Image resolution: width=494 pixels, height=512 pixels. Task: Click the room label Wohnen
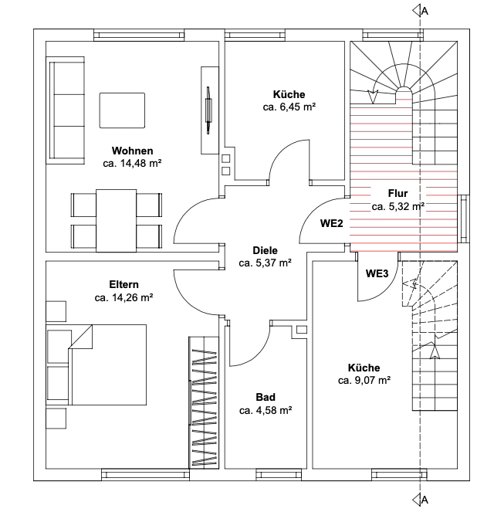(x=132, y=151)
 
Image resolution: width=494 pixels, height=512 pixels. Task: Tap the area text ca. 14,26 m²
(x=123, y=297)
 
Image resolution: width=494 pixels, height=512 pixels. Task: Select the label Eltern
(x=123, y=285)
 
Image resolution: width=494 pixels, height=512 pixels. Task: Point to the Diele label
(x=265, y=251)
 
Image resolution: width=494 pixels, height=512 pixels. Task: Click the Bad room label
(x=265, y=397)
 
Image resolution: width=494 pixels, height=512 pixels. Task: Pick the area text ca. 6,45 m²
(x=289, y=108)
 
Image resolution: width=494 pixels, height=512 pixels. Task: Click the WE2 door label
(x=331, y=224)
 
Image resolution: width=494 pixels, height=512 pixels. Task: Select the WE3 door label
(x=377, y=273)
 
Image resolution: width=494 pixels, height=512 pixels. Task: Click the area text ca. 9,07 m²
(x=364, y=381)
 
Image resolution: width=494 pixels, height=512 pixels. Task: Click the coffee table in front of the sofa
(x=122, y=110)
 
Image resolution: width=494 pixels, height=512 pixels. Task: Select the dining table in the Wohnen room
(x=116, y=219)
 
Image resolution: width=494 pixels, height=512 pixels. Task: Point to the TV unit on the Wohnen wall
(x=209, y=110)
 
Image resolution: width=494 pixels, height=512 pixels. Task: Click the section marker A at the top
(x=421, y=10)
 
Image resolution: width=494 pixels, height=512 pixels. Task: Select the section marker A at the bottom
(x=421, y=500)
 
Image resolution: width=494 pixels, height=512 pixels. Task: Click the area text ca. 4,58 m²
(x=265, y=410)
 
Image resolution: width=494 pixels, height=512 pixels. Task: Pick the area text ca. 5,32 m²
(x=398, y=206)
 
